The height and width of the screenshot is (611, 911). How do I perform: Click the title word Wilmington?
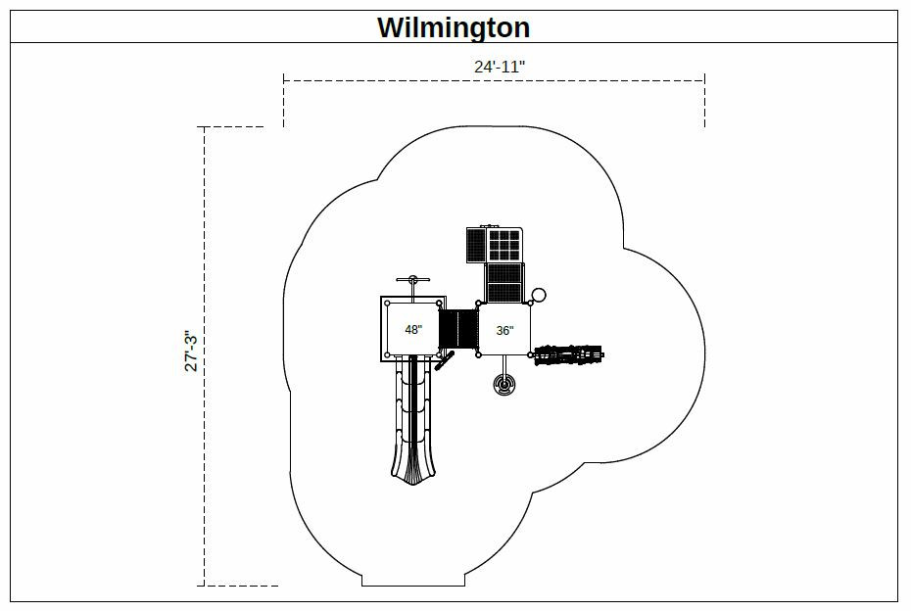pos(454,27)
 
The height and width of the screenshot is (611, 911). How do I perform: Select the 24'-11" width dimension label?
pos(494,67)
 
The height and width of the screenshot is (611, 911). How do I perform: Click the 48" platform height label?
pos(413,330)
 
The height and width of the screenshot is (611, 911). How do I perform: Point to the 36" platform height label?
pos(503,331)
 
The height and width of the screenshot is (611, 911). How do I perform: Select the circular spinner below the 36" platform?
pos(505,385)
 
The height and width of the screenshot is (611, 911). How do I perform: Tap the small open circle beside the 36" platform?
pos(538,295)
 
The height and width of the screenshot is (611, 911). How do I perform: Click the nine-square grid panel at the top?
pos(504,244)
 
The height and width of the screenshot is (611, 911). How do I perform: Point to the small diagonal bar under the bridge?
pos(447,362)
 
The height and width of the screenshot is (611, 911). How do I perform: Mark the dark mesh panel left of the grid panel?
pos(476,245)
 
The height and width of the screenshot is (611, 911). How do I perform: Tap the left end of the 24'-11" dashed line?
pos(284,80)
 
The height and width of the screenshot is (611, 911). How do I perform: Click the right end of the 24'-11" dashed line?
pos(704,80)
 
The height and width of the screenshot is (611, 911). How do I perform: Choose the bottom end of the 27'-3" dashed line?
pos(204,585)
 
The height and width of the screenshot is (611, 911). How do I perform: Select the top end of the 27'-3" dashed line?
pos(204,127)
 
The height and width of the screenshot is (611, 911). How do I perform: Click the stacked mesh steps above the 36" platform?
pos(504,281)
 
